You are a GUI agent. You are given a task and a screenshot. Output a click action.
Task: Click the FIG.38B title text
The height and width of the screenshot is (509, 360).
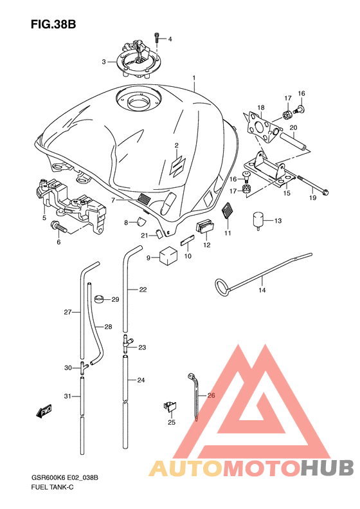click(53, 24)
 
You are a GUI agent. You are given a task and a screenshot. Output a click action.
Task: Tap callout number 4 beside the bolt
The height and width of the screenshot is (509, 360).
click(170, 39)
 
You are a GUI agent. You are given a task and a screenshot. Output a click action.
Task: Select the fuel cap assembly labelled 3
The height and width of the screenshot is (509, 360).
click(138, 59)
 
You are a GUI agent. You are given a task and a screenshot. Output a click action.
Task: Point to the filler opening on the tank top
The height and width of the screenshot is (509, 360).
click(138, 102)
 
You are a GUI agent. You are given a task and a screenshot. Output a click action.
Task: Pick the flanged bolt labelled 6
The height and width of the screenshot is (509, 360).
click(59, 227)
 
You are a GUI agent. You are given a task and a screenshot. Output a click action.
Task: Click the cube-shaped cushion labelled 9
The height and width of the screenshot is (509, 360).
click(168, 257)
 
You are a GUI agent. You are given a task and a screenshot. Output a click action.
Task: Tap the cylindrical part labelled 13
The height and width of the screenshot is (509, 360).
click(258, 220)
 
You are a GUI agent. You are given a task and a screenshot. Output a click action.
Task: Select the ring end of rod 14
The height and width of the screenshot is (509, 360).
click(222, 288)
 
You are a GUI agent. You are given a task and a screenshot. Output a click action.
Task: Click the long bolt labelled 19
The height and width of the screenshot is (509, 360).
click(312, 185)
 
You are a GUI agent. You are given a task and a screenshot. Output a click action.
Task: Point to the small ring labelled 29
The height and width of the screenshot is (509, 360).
click(99, 299)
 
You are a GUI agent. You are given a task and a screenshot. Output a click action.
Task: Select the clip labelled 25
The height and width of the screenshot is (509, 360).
click(170, 406)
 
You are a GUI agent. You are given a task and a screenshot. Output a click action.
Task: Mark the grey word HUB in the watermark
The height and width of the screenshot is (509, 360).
click(328, 468)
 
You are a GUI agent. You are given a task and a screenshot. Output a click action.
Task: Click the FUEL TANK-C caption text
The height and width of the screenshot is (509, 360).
click(52, 487)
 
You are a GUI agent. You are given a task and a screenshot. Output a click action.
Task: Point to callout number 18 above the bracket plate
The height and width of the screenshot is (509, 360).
click(261, 107)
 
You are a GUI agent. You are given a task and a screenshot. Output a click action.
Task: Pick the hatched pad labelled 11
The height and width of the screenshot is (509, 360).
click(227, 212)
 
